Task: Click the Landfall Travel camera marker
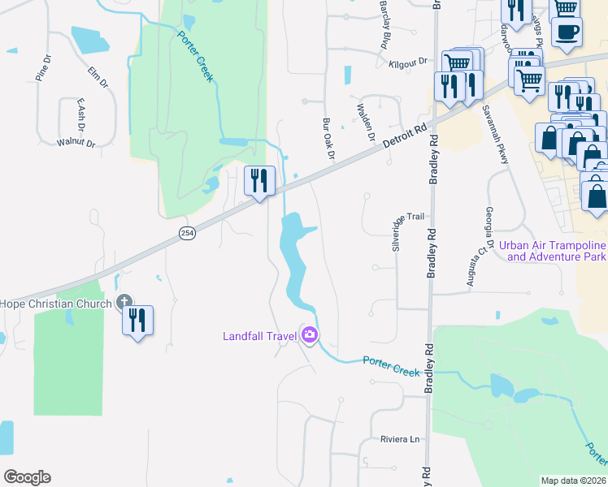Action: point(309,334)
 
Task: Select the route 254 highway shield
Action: point(187,234)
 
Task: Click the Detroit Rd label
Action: point(405,135)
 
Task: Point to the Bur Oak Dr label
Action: point(328,138)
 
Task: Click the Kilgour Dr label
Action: point(408,62)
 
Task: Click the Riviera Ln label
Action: point(400,439)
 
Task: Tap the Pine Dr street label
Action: point(43,67)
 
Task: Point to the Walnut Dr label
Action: point(76,142)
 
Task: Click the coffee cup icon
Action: point(567,32)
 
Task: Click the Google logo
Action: point(27,477)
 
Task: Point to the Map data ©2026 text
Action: point(573,481)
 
